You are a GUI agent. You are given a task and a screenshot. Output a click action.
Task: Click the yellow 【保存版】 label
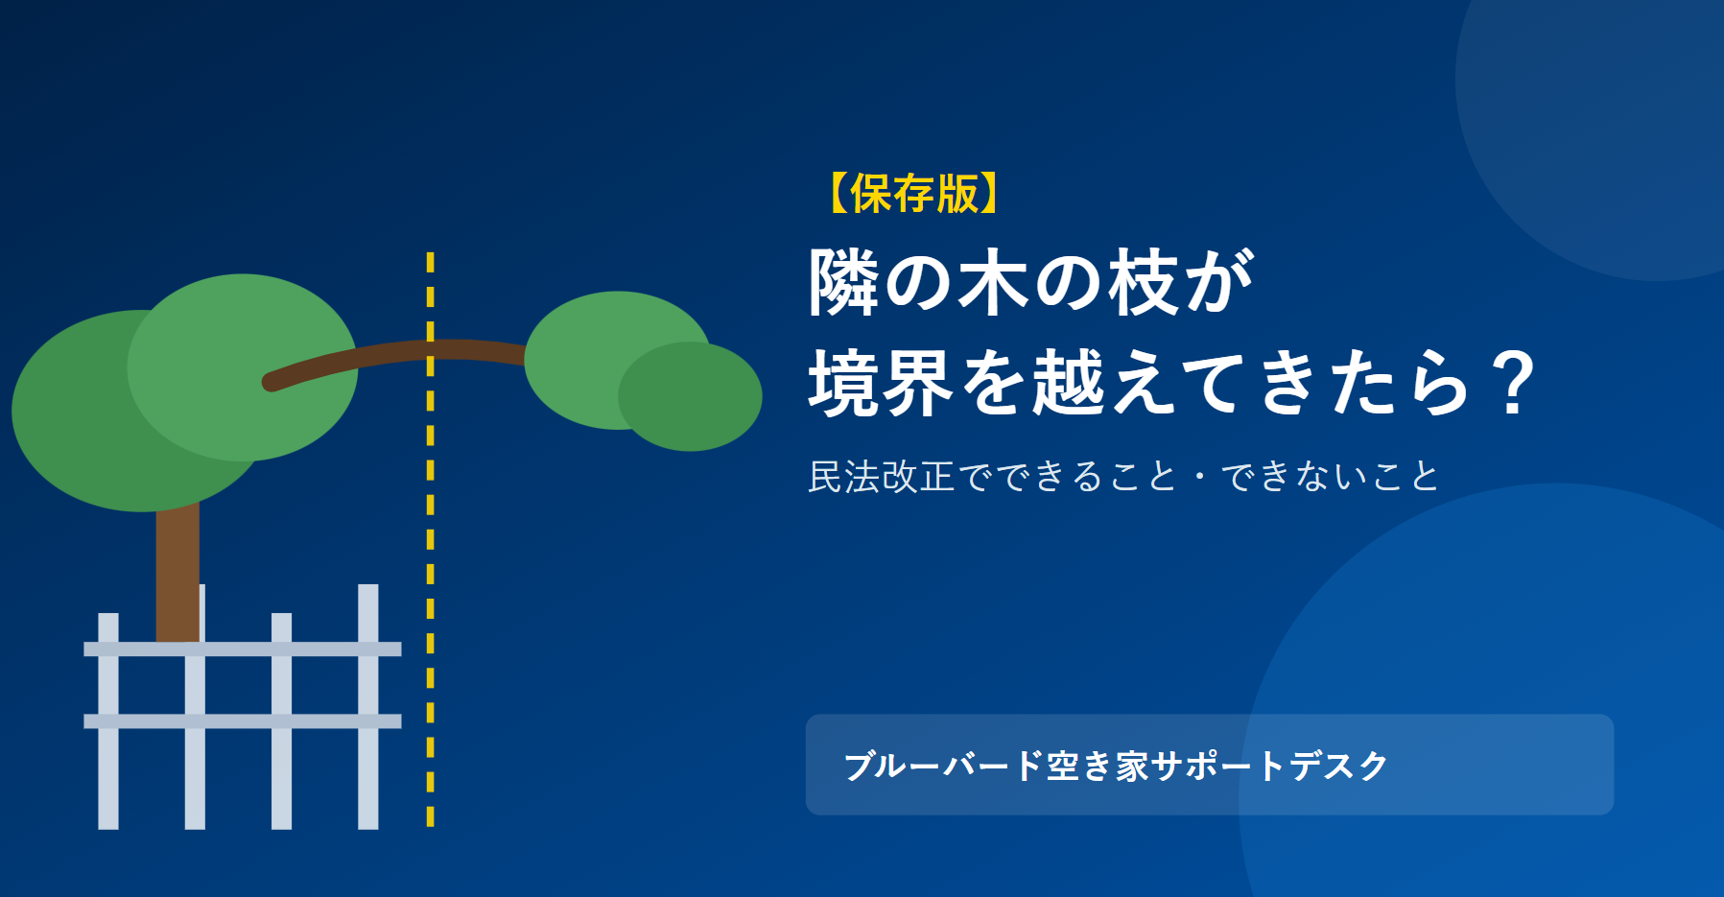tap(913, 194)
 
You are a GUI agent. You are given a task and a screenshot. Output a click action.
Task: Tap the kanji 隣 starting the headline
tap(845, 282)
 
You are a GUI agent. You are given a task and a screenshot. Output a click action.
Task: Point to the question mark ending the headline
tap(1514, 383)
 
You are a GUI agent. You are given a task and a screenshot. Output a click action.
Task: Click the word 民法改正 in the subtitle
tap(882, 477)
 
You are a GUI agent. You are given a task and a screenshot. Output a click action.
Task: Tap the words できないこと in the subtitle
tap(1330, 477)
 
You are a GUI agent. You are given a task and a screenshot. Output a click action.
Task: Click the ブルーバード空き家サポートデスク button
tap(1210, 765)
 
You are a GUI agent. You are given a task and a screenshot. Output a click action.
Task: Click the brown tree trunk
tap(177, 571)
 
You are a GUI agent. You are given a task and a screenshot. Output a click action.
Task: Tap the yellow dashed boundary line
tap(430, 539)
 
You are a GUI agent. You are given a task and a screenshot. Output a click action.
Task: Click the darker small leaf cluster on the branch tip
tap(690, 396)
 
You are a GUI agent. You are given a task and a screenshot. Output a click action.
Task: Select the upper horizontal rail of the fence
tap(243, 649)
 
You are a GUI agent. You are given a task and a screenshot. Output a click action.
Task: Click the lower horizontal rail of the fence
tap(243, 721)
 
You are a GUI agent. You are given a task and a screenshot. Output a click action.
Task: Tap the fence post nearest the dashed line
tap(368, 706)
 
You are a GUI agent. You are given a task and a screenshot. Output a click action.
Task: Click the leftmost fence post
tap(108, 720)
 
